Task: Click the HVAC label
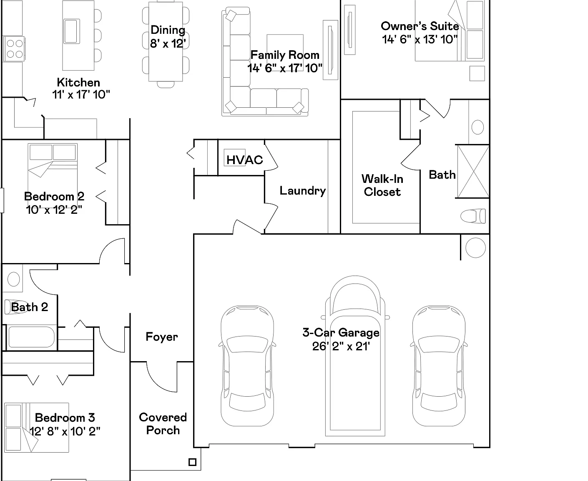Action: (x=244, y=160)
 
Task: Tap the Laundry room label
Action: (x=302, y=191)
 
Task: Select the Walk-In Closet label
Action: (x=382, y=185)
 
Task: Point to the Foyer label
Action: (x=162, y=337)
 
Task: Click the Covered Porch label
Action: (x=163, y=424)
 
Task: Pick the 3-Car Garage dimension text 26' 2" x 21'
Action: (x=341, y=347)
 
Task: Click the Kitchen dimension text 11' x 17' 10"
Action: (x=81, y=95)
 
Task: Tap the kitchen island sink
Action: (x=72, y=31)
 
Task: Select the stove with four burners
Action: (x=14, y=49)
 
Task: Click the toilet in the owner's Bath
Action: (x=473, y=216)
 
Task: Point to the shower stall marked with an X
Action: (x=473, y=172)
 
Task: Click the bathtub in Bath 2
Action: (x=32, y=337)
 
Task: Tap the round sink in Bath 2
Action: (x=13, y=279)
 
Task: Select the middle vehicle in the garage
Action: (x=355, y=356)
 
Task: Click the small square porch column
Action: (x=192, y=462)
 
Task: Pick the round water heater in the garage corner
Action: (x=475, y=248)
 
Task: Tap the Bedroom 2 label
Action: (x=54, y=196)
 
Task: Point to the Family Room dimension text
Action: (x=285, y=68)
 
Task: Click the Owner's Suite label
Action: (x=420, y=26)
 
